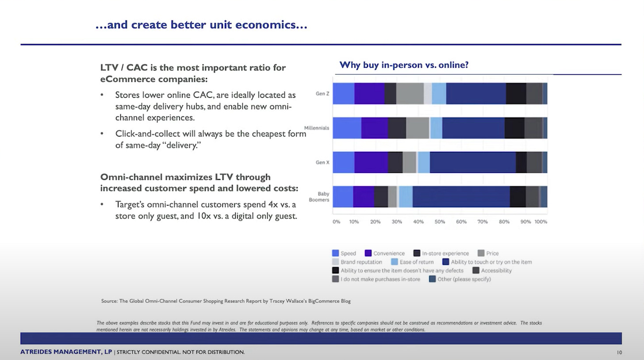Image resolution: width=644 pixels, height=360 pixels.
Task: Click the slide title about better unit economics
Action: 201,25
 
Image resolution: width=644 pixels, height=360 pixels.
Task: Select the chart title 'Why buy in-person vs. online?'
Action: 403,65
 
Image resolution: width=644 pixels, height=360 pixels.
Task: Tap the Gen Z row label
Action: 322,94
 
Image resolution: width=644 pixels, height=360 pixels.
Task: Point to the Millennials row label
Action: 316,128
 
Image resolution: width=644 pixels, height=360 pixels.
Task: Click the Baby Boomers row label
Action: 323,197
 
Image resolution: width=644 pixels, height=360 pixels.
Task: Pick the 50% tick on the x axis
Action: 439,222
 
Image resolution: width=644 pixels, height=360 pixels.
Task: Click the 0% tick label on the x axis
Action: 336,222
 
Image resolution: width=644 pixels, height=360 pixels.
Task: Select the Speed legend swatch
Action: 336,253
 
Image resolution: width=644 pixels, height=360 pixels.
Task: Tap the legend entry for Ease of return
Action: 416,262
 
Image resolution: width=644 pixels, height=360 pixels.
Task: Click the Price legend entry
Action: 492,253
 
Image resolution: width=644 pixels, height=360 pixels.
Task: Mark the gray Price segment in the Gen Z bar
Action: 410,93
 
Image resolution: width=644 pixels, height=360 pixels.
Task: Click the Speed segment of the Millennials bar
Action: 347,128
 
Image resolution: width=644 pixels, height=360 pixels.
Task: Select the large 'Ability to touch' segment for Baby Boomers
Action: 461,197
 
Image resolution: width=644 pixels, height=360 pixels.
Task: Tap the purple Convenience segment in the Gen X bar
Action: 371,162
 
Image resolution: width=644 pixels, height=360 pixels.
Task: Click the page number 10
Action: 619,352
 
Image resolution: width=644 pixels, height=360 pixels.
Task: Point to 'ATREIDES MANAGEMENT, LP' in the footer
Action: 66,352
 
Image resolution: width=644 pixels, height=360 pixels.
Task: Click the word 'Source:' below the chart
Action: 109,301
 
